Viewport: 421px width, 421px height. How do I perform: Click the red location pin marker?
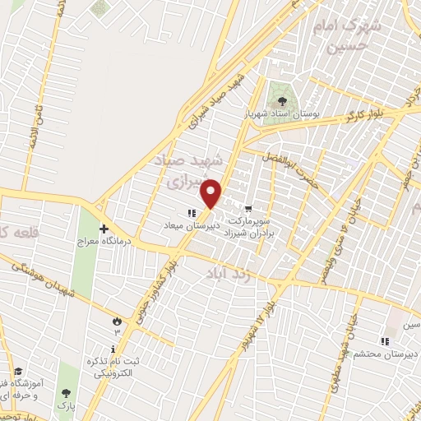(212, 194)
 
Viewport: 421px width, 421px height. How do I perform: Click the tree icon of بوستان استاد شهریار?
(284, 100)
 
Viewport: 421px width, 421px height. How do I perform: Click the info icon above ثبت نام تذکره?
(113, 348)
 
